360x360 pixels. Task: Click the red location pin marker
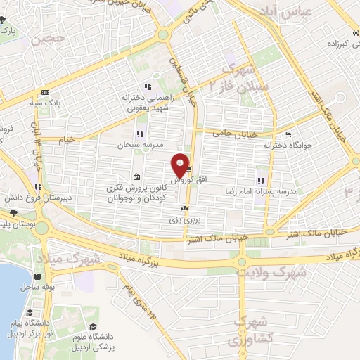(x=181, y=165)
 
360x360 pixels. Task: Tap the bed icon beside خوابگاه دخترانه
(x=287, y=134)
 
